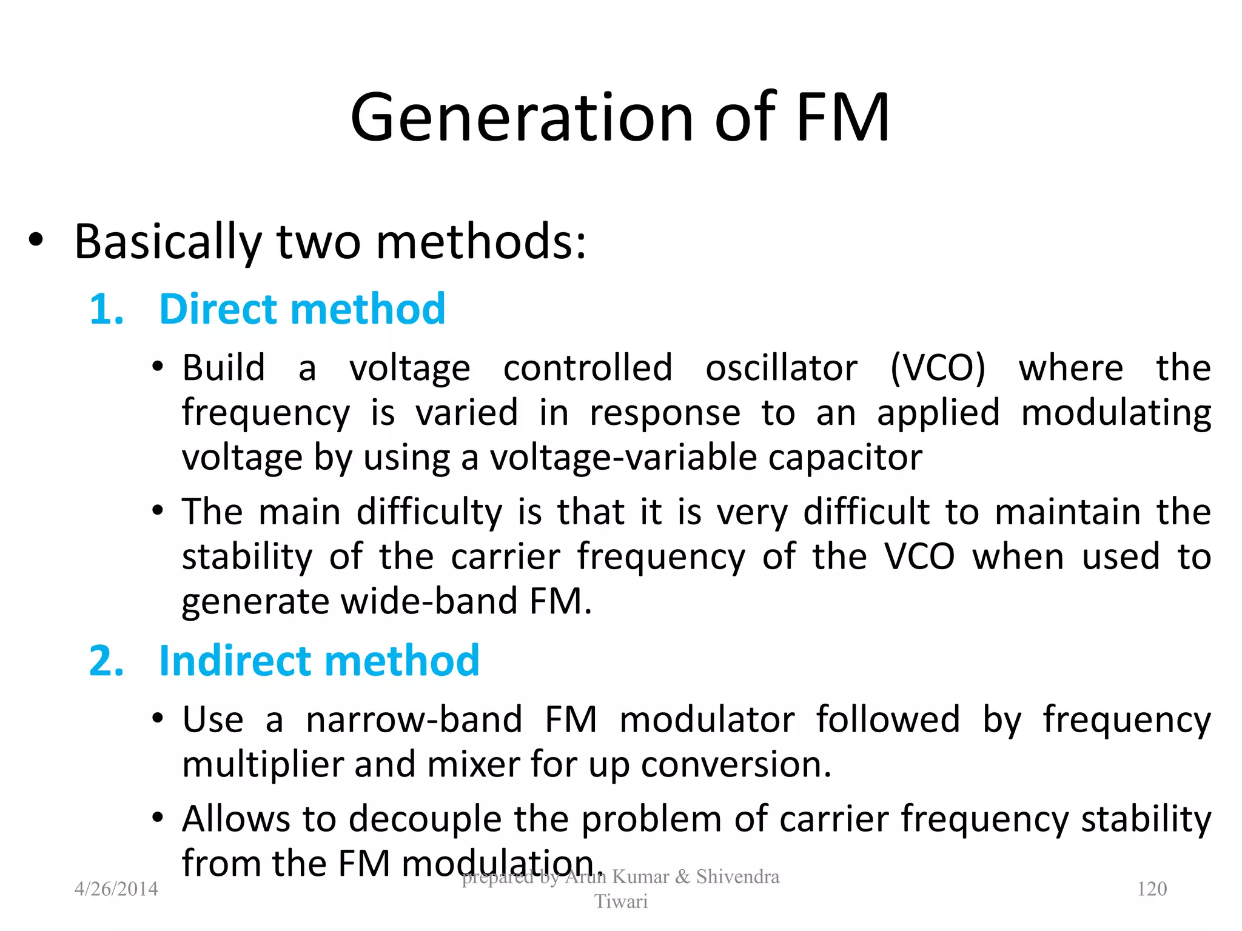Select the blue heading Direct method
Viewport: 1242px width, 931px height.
click(302, 309)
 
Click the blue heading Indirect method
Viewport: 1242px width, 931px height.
click(319, 660)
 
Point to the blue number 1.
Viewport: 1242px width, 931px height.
click(106, 309)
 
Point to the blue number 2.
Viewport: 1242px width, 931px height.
click(106, 660)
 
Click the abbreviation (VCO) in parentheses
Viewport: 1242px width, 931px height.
click(938, 367)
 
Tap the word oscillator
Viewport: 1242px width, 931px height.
click(781, 367)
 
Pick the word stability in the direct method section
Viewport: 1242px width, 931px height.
click(247, 556)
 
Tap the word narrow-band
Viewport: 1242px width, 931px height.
click(414, 719)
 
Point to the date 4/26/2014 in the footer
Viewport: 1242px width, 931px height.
click(116, 889)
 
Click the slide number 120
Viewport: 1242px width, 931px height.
click(1152, 889)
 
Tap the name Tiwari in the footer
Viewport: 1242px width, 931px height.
click(620, 901)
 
